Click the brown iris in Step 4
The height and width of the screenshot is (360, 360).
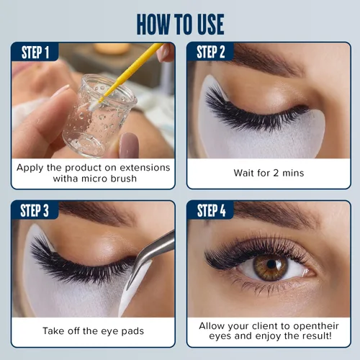[x=271, y=267]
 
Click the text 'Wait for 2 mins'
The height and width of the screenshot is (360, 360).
[x=268, y=174]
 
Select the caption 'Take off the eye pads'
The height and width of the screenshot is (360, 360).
[x=93, y=332]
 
